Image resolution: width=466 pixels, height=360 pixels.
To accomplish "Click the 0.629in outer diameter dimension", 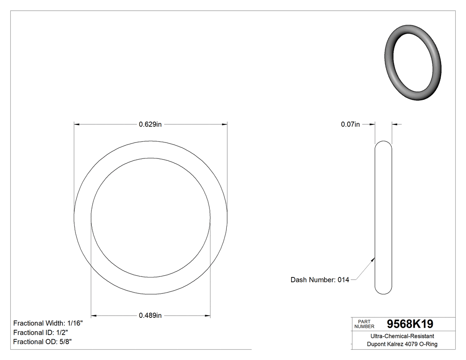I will point(150,125).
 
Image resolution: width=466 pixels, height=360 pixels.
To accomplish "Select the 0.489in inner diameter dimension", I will point(150,316).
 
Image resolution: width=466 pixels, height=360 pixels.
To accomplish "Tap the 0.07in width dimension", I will point(350,125).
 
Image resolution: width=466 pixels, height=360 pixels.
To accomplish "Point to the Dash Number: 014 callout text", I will point(320,280).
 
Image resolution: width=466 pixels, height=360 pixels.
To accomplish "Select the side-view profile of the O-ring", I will point(383,218).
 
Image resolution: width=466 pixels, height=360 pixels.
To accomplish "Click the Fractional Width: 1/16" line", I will point(48,323).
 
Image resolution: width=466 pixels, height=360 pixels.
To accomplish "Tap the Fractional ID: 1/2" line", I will point(40,332).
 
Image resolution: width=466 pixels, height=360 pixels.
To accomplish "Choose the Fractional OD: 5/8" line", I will point(43,342).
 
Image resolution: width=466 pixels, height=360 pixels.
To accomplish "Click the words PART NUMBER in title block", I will point(365,324).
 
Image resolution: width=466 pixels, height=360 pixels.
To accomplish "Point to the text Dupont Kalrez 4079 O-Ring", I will point(402,344).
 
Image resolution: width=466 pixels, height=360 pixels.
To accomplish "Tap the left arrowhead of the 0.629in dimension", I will point(77,125).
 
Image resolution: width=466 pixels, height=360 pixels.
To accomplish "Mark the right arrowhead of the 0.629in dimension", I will point(225,125).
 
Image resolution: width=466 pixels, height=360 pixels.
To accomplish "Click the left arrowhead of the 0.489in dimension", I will point(94,316).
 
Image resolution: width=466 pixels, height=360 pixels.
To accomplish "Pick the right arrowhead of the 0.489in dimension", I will point(207,316).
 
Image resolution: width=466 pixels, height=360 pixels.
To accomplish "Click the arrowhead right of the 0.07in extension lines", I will point(395,125).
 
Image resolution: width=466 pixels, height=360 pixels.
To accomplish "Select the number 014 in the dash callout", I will point(344,280).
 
